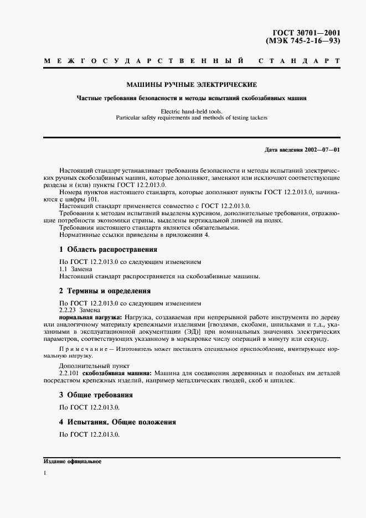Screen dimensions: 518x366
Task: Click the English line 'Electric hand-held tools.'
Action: click(x=191, y=111)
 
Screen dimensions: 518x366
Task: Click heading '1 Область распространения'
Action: click(x=108, y=249)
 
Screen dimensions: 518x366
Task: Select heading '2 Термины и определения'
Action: click(x=105, y=291)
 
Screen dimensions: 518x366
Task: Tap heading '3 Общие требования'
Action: click(x=96, y=395)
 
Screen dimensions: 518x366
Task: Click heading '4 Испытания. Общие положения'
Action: click(x=117, y=422)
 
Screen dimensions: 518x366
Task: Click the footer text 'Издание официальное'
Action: click(x=72, y=461)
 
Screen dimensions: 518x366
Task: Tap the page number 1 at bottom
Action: click(x=44, y=473)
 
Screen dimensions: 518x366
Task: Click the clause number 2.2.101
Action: click(x=70, y=374)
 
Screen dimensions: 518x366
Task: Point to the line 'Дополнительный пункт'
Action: click(x=94, y=366)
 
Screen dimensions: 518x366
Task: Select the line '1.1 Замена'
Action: click(x=76, y=268)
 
